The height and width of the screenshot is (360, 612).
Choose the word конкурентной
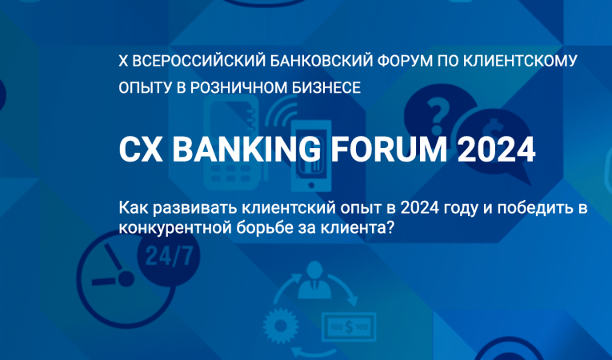coord(166,228)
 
